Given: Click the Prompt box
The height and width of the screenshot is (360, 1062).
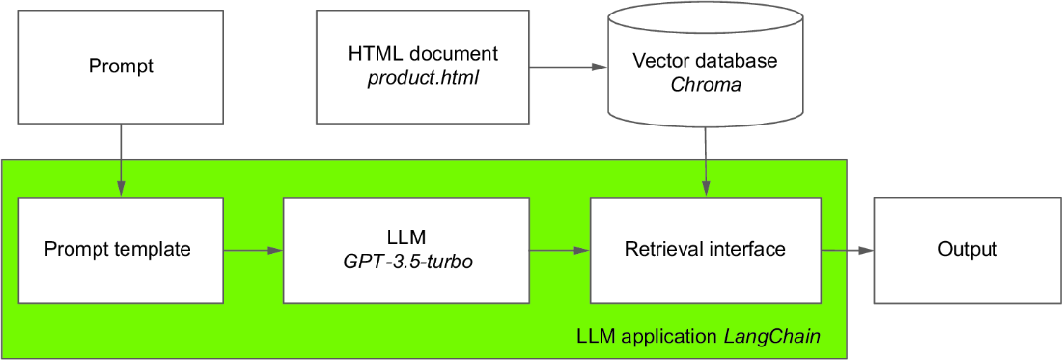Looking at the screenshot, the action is pyautogui.click(x=122, y=67).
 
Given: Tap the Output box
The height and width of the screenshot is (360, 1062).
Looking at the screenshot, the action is pyautogui.click(x=967, y=250).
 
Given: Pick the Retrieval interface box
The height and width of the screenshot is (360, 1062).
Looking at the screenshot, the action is pyautogui.click(x=706, y=250).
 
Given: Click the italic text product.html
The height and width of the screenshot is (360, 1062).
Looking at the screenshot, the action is pyautogui.click(x=422, y=79).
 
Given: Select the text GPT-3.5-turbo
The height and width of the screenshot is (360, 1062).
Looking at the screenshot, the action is pyautogui.click(x=405, y=263).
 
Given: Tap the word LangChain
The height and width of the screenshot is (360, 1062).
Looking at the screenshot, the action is pyautogui.click(x=788, y=336).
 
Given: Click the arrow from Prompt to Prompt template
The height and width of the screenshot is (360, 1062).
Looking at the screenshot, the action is pyautogui.click(x=122, y=160).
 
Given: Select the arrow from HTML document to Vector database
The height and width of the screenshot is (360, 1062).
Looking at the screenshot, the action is pyautogui.click(x=568, y=67).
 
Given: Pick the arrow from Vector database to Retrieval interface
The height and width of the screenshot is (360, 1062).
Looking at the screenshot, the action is pyautogui.click(x=706, y=162).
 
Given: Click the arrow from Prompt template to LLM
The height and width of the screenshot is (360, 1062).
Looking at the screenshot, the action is pyautogui.click(x=254, y=250).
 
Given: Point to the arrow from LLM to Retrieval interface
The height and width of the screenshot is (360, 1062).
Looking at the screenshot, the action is pyautogui.click(x=559, y=250).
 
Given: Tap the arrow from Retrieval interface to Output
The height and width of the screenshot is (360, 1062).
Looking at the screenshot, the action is pyautogui.click(x=848, y=250).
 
